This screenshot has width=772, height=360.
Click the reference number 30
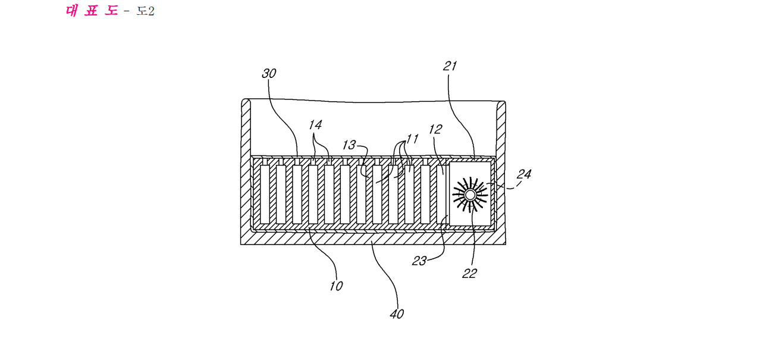coord(269,73)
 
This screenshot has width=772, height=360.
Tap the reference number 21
coord(450,66)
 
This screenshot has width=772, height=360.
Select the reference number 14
coord(315,124)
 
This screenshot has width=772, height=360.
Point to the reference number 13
coord(349,145)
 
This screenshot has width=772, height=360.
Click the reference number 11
coord(412,139)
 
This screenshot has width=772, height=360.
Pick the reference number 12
coord(435,129)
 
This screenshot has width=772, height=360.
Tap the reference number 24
coord(524,174)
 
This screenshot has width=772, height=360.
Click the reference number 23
coord(419,261)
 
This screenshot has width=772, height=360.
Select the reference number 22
coord(469,274)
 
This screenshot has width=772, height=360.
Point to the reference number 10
coord(337,286)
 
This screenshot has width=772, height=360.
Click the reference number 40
coord(397,314)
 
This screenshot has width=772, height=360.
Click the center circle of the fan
coord(470,195)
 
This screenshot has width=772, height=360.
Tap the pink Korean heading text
coord(92,11)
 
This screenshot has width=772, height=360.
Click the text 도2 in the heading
coord(146,11)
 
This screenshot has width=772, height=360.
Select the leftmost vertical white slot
coord(265,194)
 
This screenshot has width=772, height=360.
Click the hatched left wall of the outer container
coord(246,169)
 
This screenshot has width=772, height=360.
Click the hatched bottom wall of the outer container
coord(374,238)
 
